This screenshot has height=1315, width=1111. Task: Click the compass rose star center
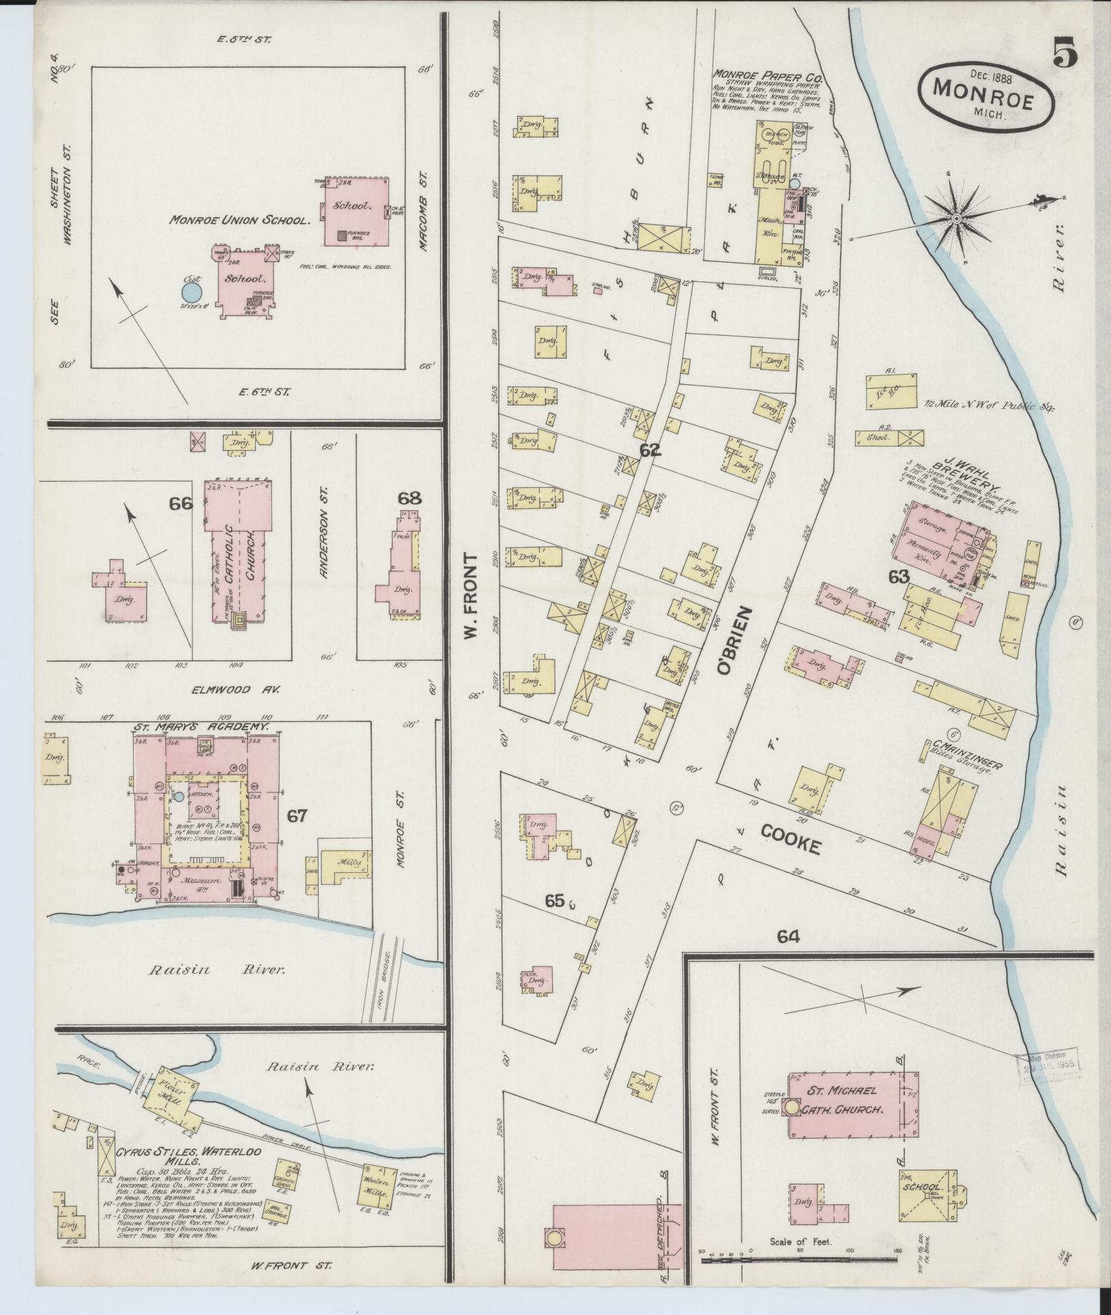957,218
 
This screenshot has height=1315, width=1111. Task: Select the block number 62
650,450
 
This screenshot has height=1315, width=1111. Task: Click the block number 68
409,498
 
